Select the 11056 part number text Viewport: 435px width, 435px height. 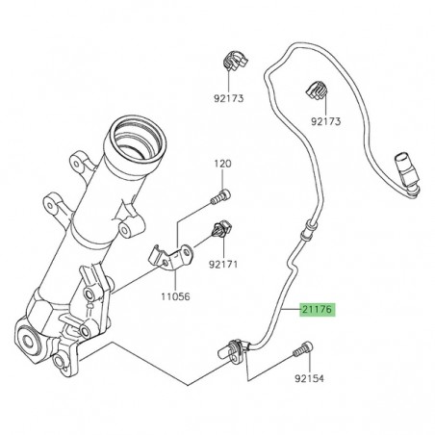click(174, 298)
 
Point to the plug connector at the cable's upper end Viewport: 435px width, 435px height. click(405, 173)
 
